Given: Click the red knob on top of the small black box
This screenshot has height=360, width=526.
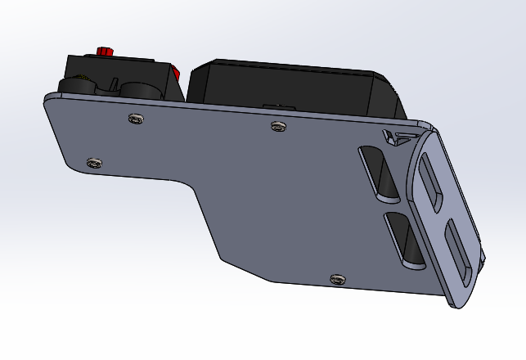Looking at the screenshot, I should [x=103, y=51].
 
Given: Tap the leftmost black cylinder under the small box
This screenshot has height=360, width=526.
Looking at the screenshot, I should [x=76, y=86].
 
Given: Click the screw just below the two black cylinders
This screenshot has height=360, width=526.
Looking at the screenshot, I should [x=136, y=119].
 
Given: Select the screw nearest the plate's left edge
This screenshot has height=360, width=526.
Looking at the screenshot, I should [x=94, y=162].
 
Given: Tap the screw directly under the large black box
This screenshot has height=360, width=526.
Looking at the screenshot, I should [x=278, y=126].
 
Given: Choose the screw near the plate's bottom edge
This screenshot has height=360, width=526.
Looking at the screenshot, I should [x=336, y=279].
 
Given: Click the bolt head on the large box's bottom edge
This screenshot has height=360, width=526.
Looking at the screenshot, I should [x=278, y=106].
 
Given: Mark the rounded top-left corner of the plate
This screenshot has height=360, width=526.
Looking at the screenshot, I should [x=50, y=101].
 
